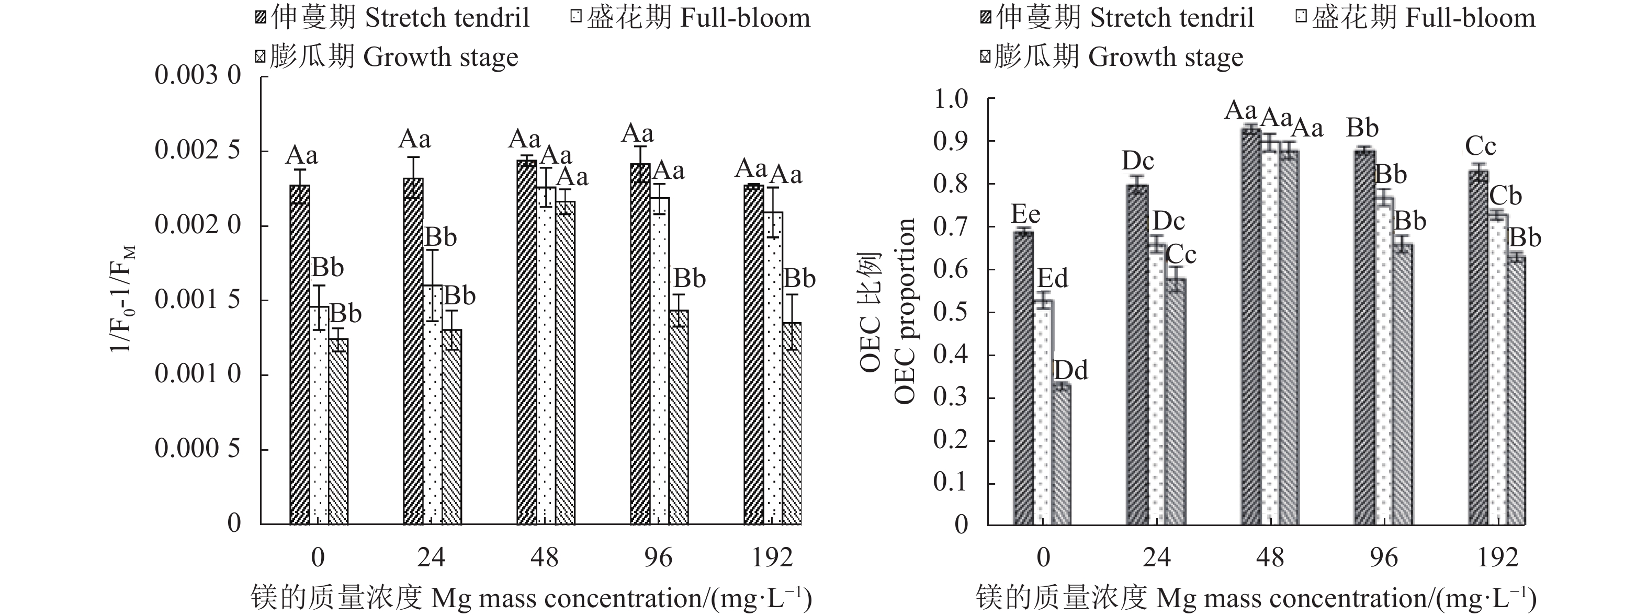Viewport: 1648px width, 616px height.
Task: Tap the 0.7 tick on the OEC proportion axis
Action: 951,227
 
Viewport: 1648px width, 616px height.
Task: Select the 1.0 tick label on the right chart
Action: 951,99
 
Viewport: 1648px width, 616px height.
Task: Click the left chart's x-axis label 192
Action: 772,558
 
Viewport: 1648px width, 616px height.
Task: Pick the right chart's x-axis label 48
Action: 1269,558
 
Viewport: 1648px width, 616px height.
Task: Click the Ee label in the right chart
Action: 1025,214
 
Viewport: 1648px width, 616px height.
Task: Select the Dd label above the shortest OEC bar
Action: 1070,370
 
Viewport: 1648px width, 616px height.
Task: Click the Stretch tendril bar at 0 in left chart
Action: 299,355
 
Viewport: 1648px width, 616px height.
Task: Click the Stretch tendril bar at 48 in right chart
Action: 1251,326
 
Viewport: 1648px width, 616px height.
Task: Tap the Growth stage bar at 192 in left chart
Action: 792,424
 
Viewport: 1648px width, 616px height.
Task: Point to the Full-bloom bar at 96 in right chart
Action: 1383,361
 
